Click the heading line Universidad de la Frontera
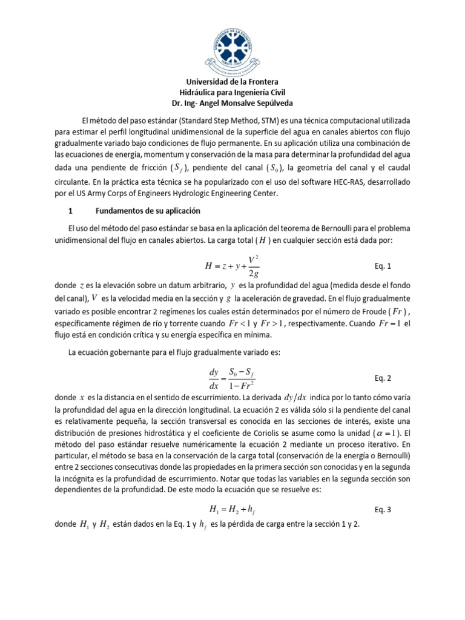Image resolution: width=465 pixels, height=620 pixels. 232,82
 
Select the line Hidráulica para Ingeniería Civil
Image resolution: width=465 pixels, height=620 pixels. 232,93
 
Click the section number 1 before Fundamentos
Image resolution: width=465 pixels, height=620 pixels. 71,211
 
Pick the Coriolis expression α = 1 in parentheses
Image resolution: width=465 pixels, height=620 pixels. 379,434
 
